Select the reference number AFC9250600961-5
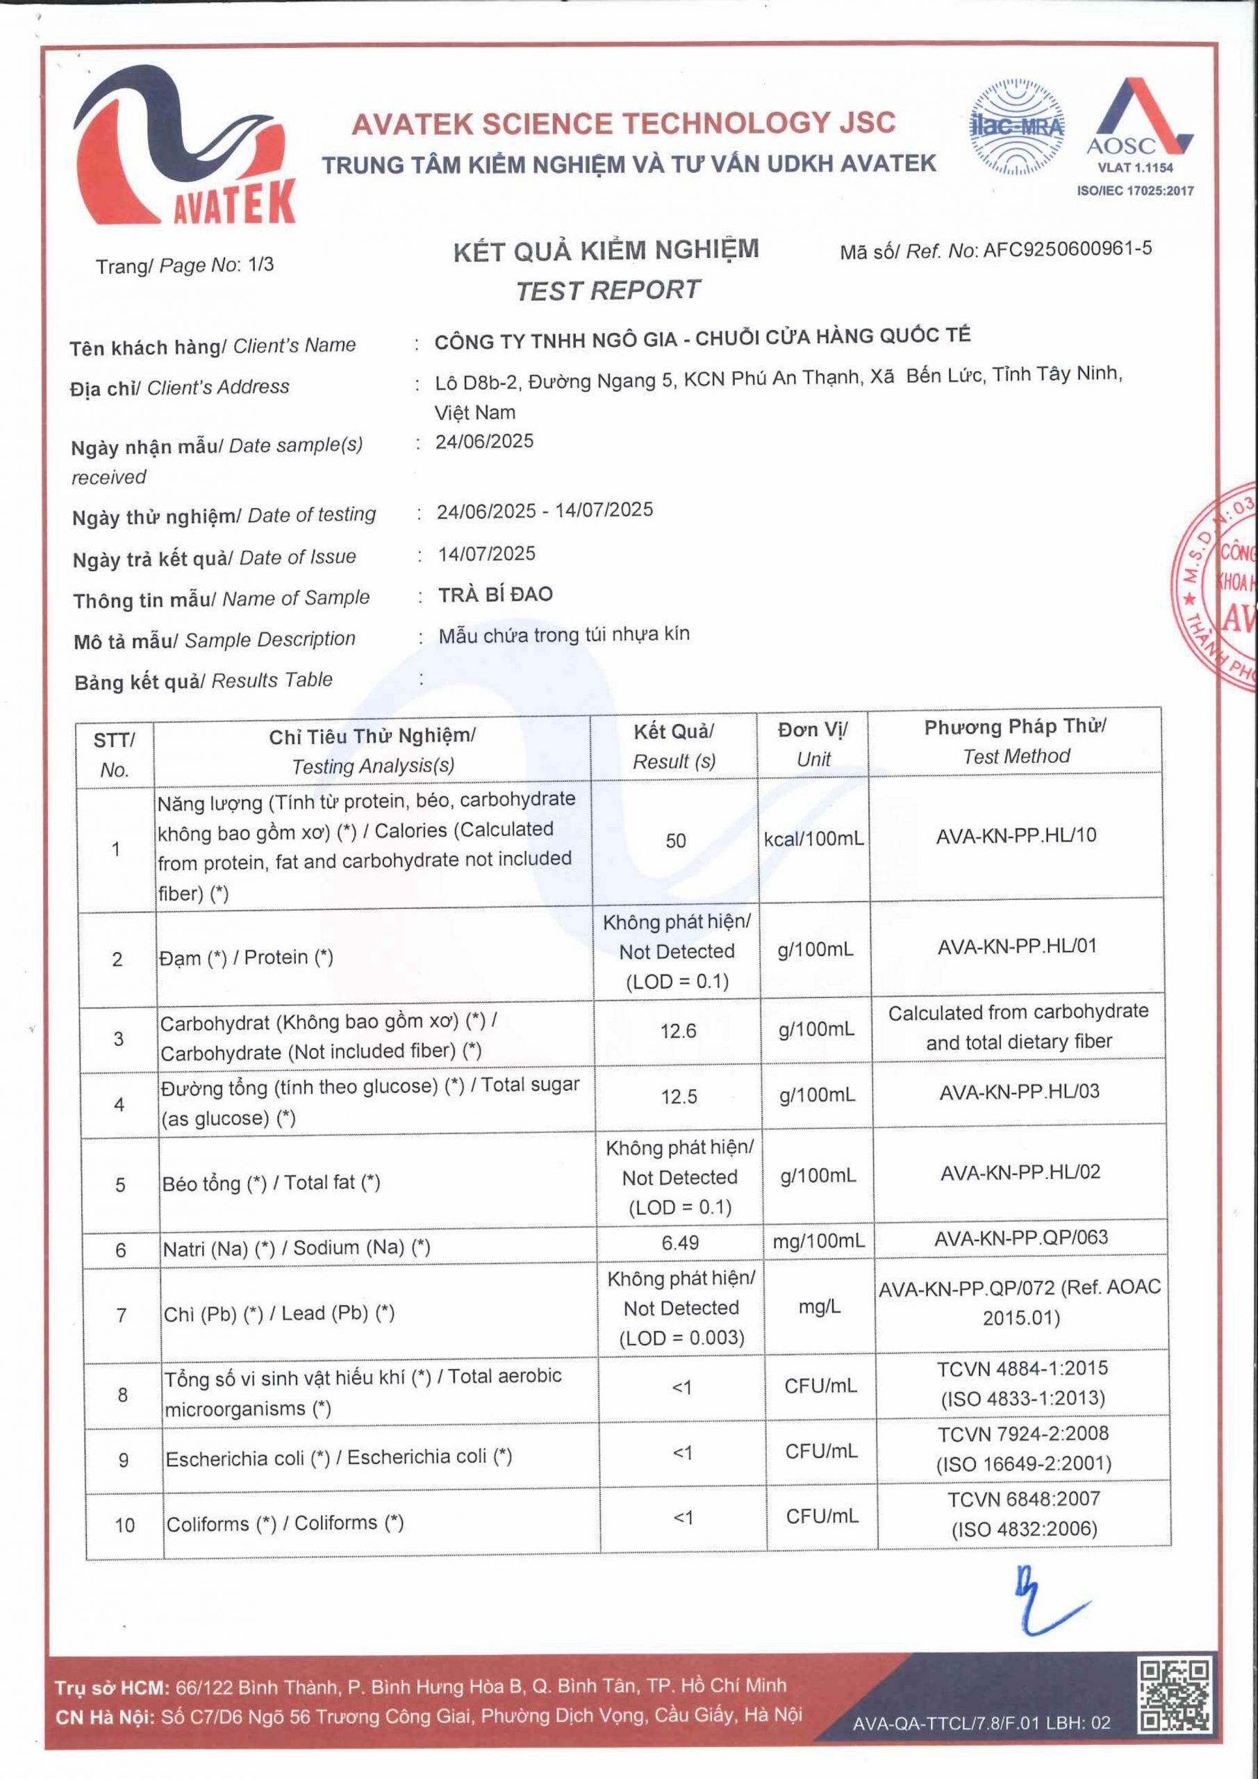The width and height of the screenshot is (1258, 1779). coord(1067,249)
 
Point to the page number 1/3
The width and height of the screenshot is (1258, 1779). coord(260,265)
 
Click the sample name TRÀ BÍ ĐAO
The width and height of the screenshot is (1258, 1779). coord(495,595)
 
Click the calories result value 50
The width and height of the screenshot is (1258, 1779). coord(675,841)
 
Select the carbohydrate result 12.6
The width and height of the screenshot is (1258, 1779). coord(679,1031)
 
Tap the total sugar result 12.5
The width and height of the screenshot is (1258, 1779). coord(679,1097)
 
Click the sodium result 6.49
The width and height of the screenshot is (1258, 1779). coord(680,1243)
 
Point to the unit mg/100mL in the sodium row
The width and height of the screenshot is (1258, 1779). coord(818,1241)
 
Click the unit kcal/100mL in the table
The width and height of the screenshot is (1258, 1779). coord(813,839)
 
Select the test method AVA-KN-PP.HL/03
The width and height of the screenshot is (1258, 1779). coord(1020,1092)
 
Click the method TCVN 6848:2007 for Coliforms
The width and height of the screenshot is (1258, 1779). coord(1024,1498)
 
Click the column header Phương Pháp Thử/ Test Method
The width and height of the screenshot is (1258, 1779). coord(1016,741)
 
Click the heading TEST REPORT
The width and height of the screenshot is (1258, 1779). coord(607,290)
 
